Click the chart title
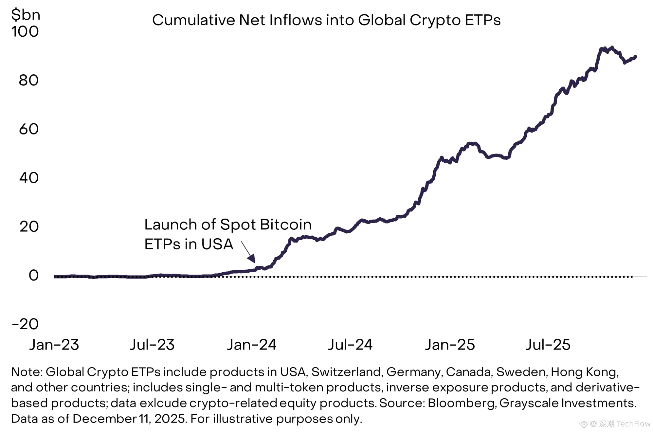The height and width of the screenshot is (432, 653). [326, 20]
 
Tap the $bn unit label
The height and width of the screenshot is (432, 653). [26, 15]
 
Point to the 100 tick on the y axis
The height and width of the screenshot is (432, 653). [25, 32]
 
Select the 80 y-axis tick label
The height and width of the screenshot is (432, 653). [28, 81]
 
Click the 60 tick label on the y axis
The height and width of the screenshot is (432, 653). [28, 129]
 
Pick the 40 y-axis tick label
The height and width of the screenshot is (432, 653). [28, 178]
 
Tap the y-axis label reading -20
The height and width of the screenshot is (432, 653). [25, 324]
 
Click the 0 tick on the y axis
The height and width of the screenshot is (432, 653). [33, 276]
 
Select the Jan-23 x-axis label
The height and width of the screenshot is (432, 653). [54, 345]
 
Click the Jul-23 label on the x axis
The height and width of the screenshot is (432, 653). [152, 345]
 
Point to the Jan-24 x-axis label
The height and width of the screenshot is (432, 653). [252, 345]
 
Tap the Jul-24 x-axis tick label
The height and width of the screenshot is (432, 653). [350, 345]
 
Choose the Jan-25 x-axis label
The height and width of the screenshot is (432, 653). [450, 345]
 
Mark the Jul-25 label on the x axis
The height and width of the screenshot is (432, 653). [548, 345]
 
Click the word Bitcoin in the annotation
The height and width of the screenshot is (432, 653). [285, 225]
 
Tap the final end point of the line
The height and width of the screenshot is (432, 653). [635, 57]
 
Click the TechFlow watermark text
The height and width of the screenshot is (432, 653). [633, 424]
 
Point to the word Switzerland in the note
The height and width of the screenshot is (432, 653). [346, 372]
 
